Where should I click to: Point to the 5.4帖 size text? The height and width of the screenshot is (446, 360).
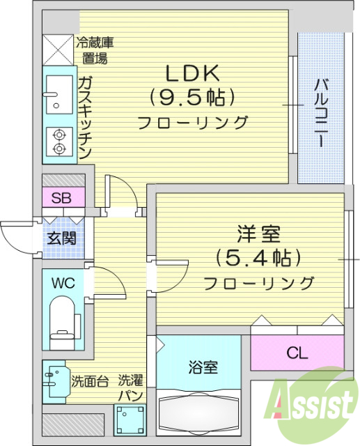(x=258, y=257)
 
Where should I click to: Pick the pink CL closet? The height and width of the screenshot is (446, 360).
(x=297, y=353)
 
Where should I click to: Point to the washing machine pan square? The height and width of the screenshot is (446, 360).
(x=129, y=420)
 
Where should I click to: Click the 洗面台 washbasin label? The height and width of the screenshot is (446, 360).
(x=88, y=382)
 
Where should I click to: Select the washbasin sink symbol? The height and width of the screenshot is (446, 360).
(x=54, y=381)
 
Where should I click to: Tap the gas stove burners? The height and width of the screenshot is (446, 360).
(x=57, y=141)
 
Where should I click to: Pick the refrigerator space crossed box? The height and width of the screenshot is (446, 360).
(x=58, y=49)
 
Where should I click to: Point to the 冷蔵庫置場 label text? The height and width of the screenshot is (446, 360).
(x=95, y=50)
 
